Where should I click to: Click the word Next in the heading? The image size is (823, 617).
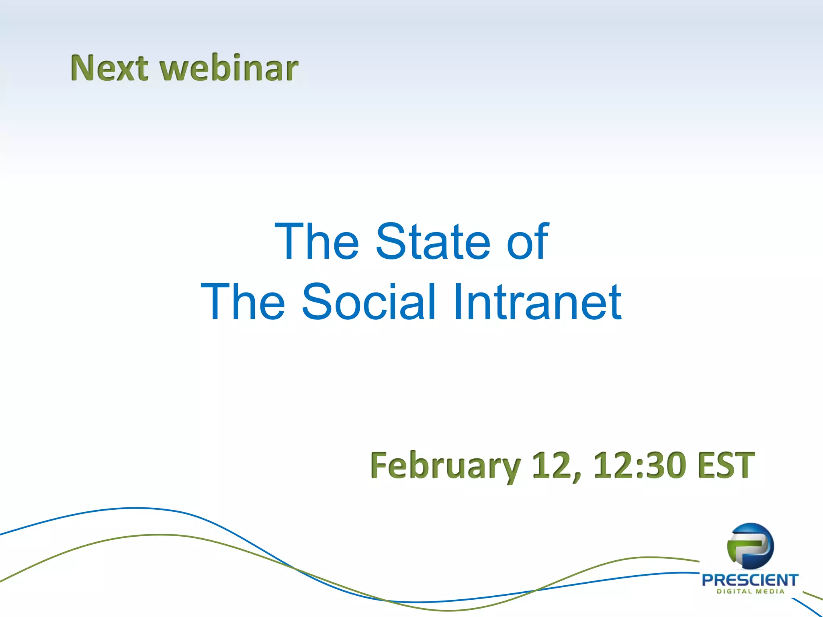point(109,68)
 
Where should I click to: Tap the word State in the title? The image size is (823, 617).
point(433,241)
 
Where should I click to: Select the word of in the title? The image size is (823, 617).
point(527,241)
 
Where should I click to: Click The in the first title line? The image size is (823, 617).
point(316,241)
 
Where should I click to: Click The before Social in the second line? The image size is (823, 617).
point(243,302)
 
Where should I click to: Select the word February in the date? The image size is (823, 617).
point(445,466)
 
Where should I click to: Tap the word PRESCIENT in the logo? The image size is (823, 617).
point(750,580)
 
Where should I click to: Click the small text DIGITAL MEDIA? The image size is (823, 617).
point(750,591)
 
